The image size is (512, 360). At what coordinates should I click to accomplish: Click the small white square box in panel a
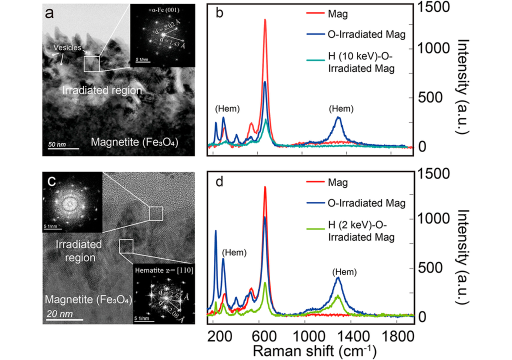(91, 64)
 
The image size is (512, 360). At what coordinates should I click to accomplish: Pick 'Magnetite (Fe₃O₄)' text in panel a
(135, 143)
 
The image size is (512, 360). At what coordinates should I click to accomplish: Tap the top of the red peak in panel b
(265, 20)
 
